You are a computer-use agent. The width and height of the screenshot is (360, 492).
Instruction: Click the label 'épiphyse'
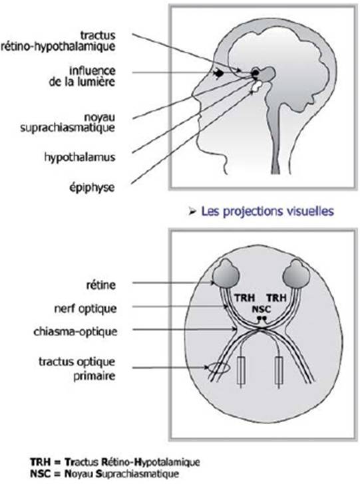[92, 187]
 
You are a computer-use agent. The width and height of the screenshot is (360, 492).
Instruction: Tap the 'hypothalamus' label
[79, 157]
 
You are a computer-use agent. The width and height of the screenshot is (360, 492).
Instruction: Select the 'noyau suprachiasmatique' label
[68, 122]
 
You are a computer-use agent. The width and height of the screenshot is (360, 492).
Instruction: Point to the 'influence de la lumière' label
[82, 76]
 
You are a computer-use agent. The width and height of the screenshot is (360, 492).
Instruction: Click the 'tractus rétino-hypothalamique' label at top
[58, 41]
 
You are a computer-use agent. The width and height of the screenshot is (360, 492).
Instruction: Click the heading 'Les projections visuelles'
[268, 211]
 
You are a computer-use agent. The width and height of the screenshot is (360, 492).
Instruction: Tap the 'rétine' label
[101, 285]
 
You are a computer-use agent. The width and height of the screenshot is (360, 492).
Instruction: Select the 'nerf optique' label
[85, 308]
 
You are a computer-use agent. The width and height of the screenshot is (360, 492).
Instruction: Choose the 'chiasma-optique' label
[75, 331]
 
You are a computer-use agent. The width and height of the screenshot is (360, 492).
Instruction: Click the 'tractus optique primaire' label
[77, 368]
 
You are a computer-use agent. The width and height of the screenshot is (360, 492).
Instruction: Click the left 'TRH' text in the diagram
[245, 297]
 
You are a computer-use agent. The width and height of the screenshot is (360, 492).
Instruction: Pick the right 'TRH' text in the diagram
[276, 297]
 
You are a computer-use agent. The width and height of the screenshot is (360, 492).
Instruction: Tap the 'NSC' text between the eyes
[261, 309]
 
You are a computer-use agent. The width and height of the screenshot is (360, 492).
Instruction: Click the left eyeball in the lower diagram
[226, 273]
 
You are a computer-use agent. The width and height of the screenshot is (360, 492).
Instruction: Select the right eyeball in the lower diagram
[296, 273]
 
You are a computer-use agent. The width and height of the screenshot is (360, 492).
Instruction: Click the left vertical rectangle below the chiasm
[241, 371]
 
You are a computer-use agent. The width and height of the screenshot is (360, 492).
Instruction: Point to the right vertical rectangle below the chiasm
[279, 371]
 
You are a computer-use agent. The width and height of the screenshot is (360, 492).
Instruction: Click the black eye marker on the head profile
[219, 73]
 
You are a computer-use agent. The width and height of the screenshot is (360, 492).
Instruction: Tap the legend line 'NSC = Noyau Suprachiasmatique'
[104, 473]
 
